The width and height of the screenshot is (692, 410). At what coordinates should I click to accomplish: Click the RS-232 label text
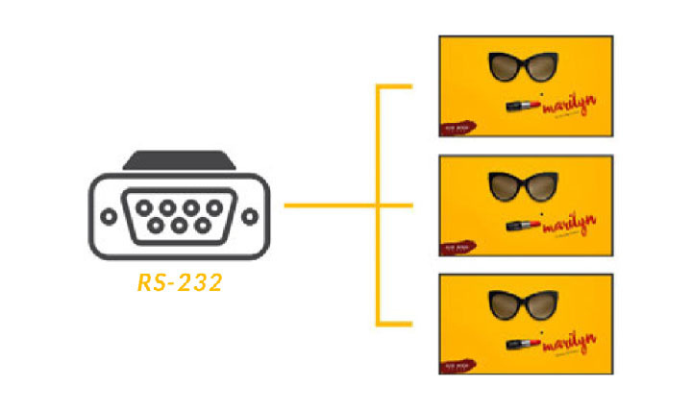coord(178,283)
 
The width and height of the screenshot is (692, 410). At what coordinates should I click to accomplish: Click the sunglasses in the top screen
coord(524,69)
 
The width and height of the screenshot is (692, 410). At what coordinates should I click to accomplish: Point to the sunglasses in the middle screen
coord(524,185)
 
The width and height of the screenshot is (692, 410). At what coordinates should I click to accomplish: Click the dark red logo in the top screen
coord(453,125)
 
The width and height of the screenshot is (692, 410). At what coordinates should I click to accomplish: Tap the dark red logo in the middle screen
coord(453,244)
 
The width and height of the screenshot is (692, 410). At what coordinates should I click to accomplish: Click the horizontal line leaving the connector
coord(327,205)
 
